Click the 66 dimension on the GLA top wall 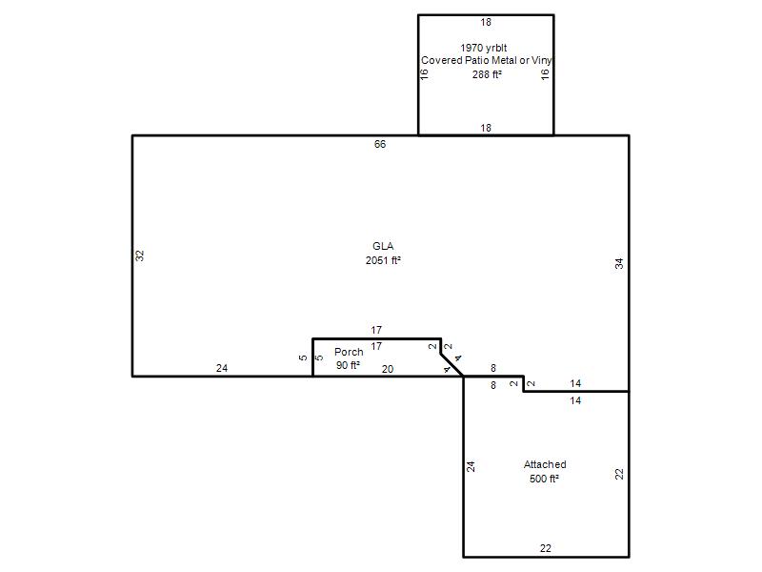tap(380, 144)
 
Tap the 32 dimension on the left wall tap(140, 255)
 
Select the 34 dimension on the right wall tap(619, 264)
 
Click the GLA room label tap(383, 246)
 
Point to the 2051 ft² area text tap(383, 260)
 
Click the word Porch tap(349, 352)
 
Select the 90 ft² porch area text tap(348, 365)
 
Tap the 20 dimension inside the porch tap(388, 369)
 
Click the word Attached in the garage tap(545, 464)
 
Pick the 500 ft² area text tap(544, 479)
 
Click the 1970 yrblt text tap(484, 48)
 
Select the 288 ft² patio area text tap(487, 74)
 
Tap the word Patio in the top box tap(477, 60)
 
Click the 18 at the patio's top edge tap(486, 22)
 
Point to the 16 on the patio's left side tap(424, 74)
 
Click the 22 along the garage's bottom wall tap(545, 548)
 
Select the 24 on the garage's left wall tap(471, 466)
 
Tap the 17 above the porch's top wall tap(376, 330)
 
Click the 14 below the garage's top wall tap(575, 400)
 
